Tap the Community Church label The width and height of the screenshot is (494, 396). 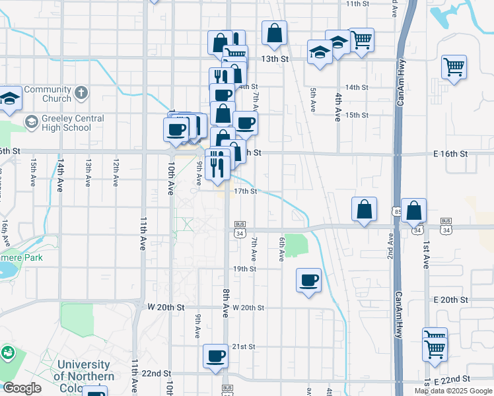pyautogui.click(x=48, y=94)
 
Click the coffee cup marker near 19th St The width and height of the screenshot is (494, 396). pyautogui.click(x=308, y=280)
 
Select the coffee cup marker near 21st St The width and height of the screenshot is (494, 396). pyautogui.click(x=215, y=356)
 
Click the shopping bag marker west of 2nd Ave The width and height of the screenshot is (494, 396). pyautogui.click(x=364, y=209)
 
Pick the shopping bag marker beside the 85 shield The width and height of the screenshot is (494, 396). pyautogui.click(x=413, y=211)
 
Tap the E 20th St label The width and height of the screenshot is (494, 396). pyautogui.click(x=451, y=300)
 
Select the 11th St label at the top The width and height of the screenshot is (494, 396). pyautogui.click(x=358, y=4)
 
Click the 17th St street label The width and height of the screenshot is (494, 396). pyautogui.click(x=245, y=191)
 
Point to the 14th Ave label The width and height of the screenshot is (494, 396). pyautogui.click(x=61, y=170)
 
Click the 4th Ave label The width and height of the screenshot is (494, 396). pyautogui.click(x=337, y=106)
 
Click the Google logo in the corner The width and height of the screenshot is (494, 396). pyautogui.click(x=22, y=388)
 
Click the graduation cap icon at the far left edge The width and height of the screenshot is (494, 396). pyautogui.click(x=9, y=100)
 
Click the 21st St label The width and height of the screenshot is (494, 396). pyautogui.click(x=243, y=346)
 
